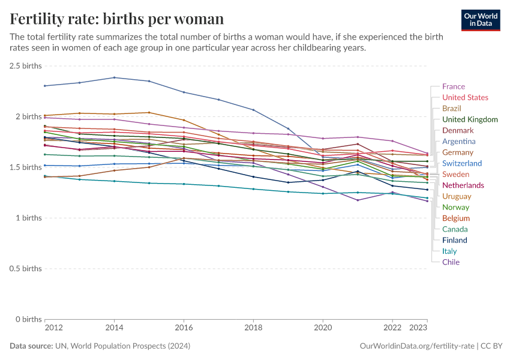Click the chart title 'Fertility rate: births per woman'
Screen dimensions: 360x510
[x=117, y=19]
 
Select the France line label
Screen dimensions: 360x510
[x=453, y=86]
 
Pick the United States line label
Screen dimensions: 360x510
[x=465, y=97]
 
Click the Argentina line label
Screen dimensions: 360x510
[x=458, y=142]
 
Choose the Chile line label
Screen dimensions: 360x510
[x=451, y=262]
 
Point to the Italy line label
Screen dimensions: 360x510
[x=450, y=251]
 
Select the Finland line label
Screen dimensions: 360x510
[x=454, y=240]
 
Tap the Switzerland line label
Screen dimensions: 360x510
[x=462, y=163]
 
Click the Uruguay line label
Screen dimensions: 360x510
[x=457, y=196]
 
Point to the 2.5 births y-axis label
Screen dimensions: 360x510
[x=25, y=65]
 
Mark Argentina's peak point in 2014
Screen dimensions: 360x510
[x=114, y=77]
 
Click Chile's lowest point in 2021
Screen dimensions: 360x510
[x=358, y=200]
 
